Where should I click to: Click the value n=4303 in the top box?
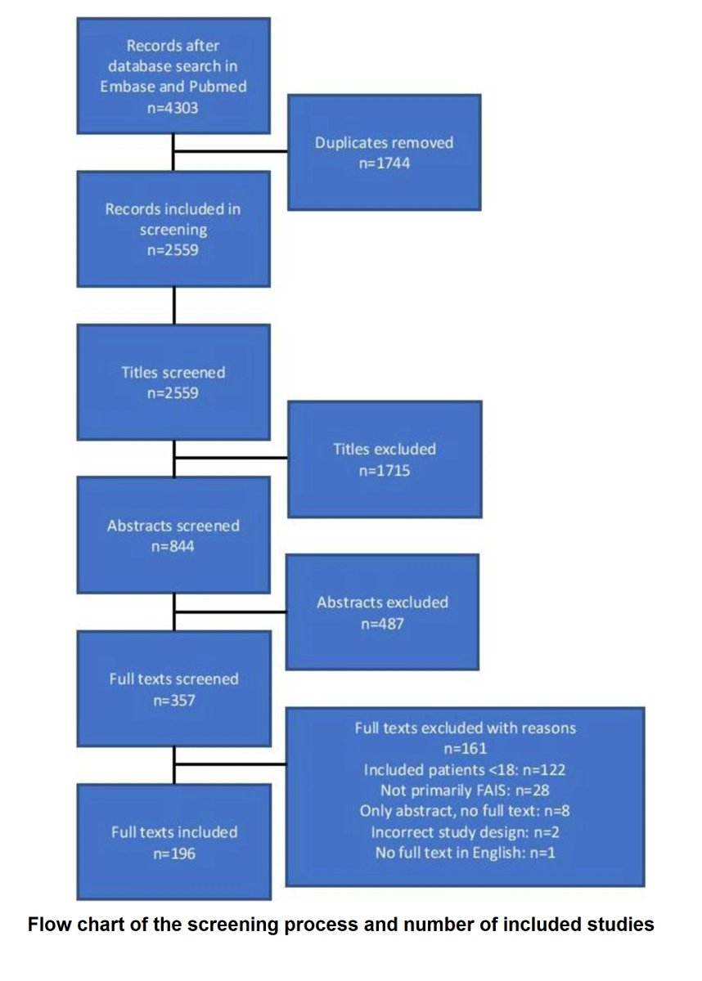tap(173, 106)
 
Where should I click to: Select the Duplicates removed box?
tap(384, 152)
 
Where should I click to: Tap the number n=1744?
tap(384, 163)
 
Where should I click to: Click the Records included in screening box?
tap(173, 228)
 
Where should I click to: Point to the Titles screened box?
tap(173, 382)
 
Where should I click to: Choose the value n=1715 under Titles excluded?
tap(384, 469)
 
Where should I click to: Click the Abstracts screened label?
tap(173, 526)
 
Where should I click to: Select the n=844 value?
tap(173, 545)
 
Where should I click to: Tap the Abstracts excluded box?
tap(382, 611)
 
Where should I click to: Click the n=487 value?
tap(382, 623)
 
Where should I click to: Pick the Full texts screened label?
tap(173, 679)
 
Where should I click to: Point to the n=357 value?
tap(173, 699)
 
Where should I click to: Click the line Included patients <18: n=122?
tap(464, 769)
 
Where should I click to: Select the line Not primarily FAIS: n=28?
tap(464, 791)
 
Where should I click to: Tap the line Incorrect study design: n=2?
tap(464, 832)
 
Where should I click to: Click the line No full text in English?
tap(464, 853)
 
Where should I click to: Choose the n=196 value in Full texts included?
tap(173, 853)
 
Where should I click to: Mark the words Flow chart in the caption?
tap(68, 925)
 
